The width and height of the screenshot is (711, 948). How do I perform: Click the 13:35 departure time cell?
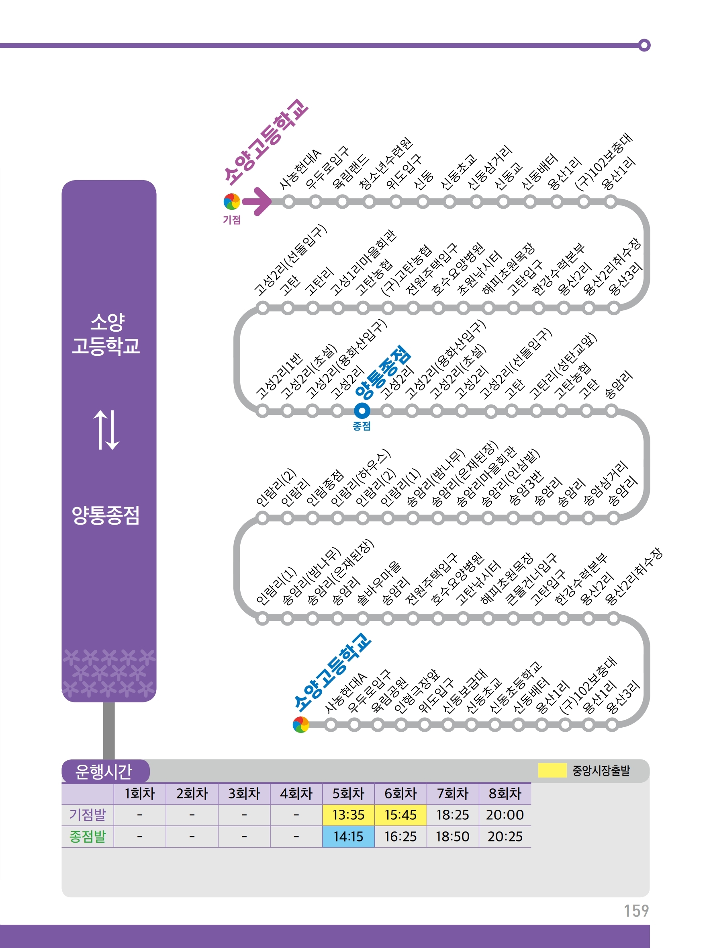pyautogui.click(x=348, y=815)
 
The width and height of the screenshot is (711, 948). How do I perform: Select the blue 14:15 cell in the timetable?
pyautogui.click(x=348, y=837)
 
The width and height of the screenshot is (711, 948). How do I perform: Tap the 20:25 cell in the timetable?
pyautogui.click(x=505, y=837)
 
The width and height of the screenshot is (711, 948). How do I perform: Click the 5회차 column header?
pyautogui.click(x=348, y=793)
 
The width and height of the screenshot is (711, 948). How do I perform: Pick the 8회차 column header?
pyautogui.click(x=505, y=793)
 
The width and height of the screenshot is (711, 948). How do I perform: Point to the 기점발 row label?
pyautogui.click(x=88, y=815)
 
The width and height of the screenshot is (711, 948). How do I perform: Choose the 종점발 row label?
pyautogui.click(x=88, y=837)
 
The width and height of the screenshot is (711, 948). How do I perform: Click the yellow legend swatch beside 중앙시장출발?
pyautogui.click(x=552, y=770)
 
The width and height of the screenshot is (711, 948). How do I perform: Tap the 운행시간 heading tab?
pyautogui.click(x=104, y=772)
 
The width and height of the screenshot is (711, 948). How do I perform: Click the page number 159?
pyautogui.click(x=636, y=911)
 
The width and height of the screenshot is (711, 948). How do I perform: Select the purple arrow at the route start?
pyautogui.click(x=257, y=201)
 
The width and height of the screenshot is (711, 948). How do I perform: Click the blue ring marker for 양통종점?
pyautogui.click(x=362, y=410)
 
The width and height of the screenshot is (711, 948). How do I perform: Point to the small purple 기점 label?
pyautogui.click(x=232, y=220)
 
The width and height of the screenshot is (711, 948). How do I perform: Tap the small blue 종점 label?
pyautogui.click(x=362, y=426)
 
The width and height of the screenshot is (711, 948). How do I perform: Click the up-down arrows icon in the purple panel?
pyautogui.click(x=106, y=430)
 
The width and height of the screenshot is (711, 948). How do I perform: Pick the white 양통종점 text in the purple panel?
pyautogui.click(x=106, y=515)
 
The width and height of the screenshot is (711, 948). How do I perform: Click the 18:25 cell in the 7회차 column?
pyautogui.click(x=452, y=815)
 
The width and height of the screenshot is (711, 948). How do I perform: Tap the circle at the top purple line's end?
pyautogui.click(x=644, y=45)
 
